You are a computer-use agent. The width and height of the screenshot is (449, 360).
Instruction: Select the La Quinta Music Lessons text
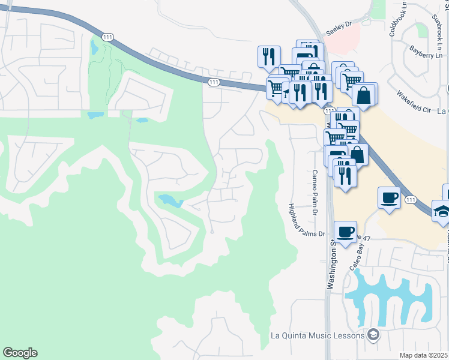318,335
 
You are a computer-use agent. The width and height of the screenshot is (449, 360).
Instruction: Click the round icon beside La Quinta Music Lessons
373,335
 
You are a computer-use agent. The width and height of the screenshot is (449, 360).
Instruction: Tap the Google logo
20,353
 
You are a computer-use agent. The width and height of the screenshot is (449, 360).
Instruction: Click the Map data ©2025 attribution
423,355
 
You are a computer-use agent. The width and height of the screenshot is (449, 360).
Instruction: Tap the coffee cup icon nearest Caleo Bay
345,232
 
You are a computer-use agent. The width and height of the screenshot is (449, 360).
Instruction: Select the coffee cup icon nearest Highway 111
389,197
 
